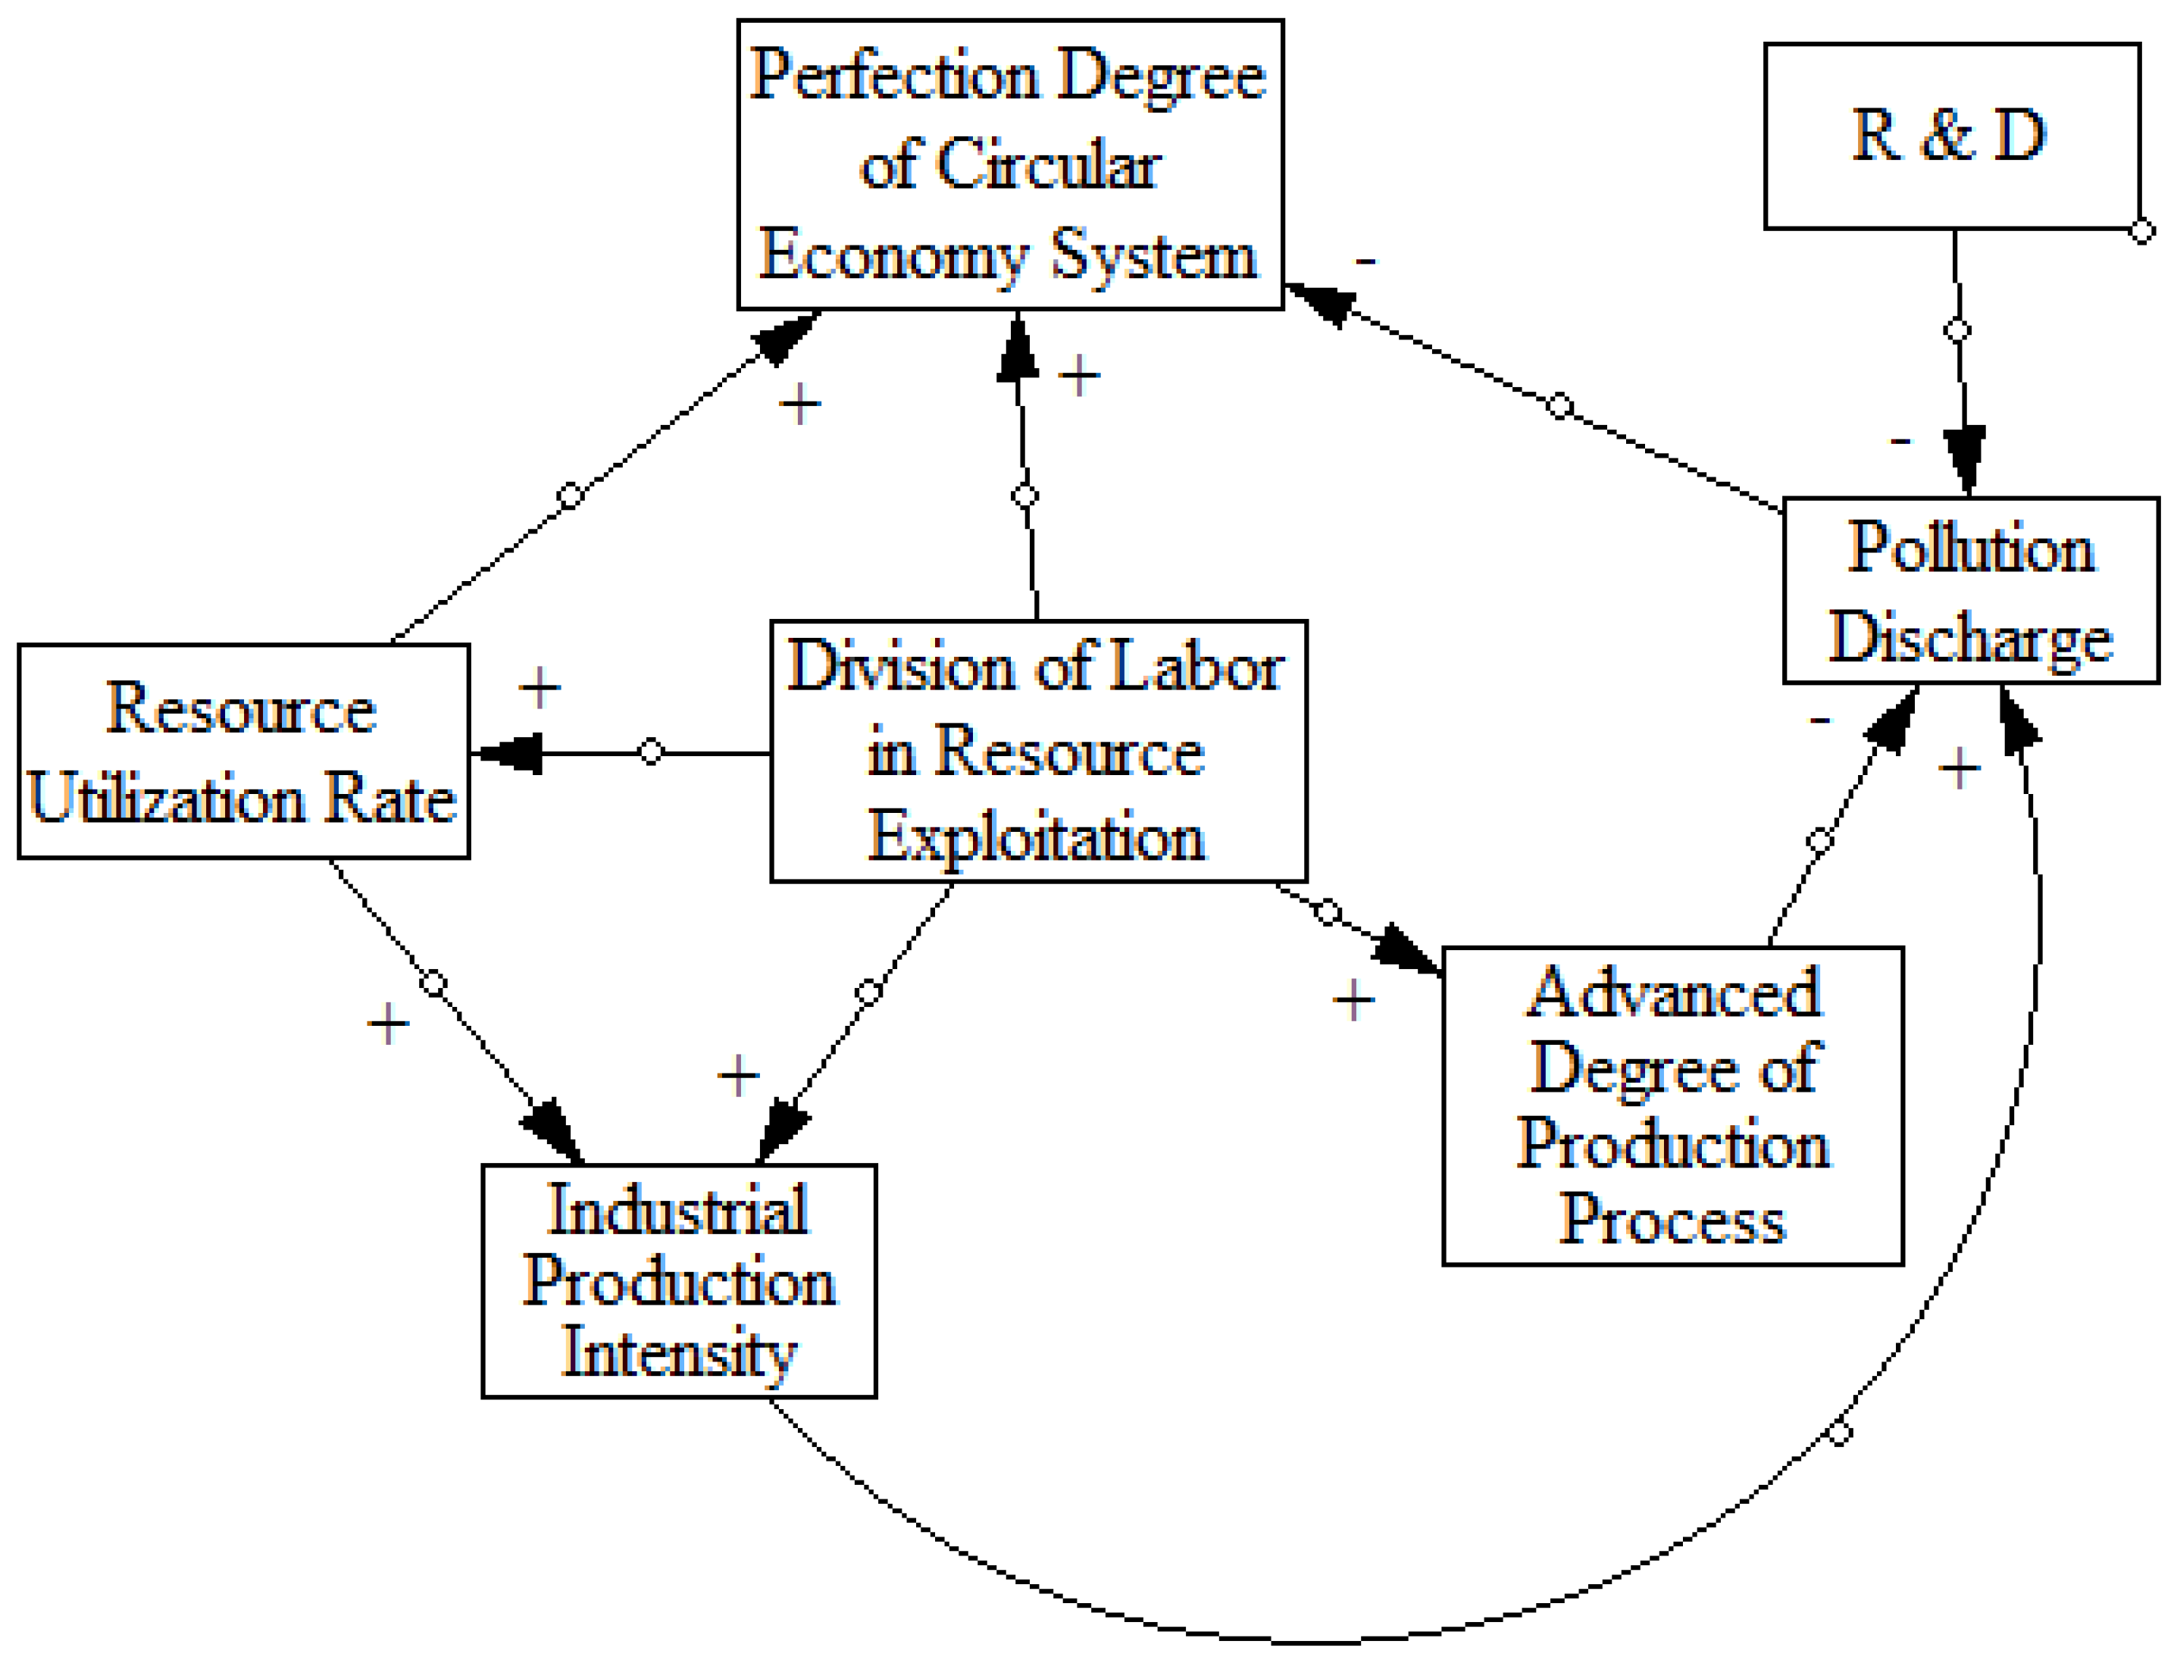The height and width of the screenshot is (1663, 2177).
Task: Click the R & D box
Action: (x=1950, y=136)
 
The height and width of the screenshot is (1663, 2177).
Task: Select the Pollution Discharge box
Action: (x=1969, y=591)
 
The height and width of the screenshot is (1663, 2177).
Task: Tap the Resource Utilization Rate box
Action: (x=243, y=752)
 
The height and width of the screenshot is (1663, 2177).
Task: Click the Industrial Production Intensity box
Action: (x=679, y=1281)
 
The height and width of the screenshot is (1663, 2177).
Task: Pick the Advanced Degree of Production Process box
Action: (x=1672, y=1105)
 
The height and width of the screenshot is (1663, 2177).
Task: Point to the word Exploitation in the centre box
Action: (x=1037, y=837)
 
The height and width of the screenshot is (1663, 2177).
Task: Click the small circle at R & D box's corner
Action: (x=2141, y=233)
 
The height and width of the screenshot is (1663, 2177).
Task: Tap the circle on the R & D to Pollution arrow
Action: (x=1957, y=330)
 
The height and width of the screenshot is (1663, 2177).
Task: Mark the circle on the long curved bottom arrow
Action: (x=1838, y=1433)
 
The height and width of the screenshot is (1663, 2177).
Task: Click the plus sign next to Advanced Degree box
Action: (x=1353, y=1001)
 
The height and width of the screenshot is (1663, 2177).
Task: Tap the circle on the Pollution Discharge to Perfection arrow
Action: (x=1559, y=406)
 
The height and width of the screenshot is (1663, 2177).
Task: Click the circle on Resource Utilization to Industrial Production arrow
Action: (x=433, y=983)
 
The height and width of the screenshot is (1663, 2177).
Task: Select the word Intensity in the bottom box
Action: (x=679, y=1353)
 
